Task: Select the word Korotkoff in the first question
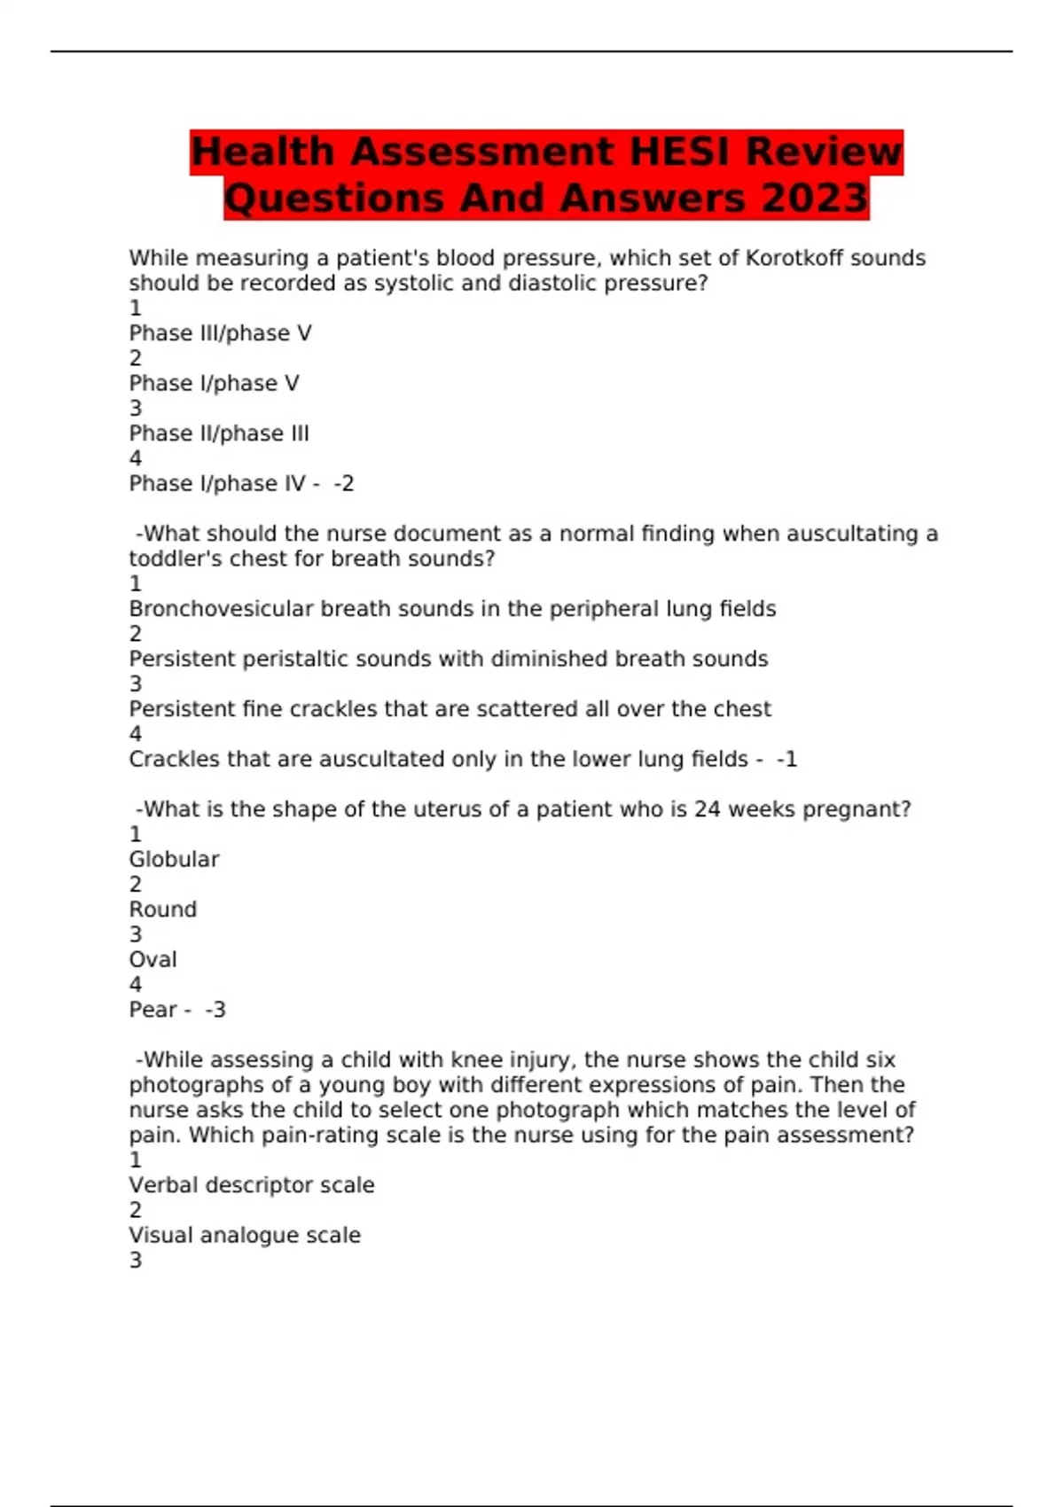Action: click(x=794, y=258)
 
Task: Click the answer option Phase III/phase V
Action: click(x=220, y=333)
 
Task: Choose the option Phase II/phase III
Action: click(x=219, y=433)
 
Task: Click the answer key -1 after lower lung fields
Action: click(x=786, y=759)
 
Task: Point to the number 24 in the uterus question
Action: click(x=707, y=809)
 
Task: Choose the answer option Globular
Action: click(x=174, y=859)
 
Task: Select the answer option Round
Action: click(x=163, y=910)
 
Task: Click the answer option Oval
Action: click(x=153, y=959)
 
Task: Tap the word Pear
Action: click(x=153, y=1010)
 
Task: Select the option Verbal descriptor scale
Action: click(x=252, y=1185)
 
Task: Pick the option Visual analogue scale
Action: click(x=245, y=1235)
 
